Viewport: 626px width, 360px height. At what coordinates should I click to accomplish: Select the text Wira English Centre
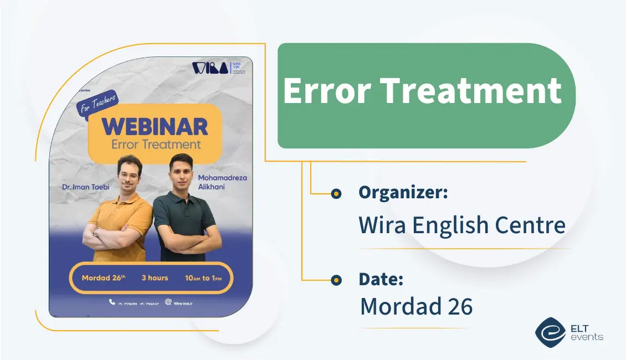(462, 225)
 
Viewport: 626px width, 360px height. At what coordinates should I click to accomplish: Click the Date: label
(381, 279)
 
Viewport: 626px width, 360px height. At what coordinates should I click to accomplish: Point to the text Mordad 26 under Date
(416, 306)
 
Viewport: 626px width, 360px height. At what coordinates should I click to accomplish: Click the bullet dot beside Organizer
(336, 194)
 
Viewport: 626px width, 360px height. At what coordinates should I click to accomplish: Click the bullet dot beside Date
(336, 280)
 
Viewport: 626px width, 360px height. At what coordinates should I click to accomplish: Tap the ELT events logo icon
(550, 332)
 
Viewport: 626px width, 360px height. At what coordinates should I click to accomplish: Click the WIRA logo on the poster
(210, 68)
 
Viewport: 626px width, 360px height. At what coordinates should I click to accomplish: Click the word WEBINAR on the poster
(155, 127)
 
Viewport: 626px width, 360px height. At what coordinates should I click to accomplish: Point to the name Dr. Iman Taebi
(86, 187)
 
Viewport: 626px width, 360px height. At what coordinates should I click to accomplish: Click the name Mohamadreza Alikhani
(222, 182)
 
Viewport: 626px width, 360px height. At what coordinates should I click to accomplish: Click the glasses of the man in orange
(129, 176)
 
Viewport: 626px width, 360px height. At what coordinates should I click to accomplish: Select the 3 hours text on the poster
(155, 277)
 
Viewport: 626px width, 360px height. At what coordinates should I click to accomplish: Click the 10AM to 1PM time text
(203, 278)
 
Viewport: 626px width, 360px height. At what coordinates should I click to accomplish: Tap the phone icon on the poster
(112, 302)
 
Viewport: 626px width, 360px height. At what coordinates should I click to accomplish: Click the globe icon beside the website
(168, 302)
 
